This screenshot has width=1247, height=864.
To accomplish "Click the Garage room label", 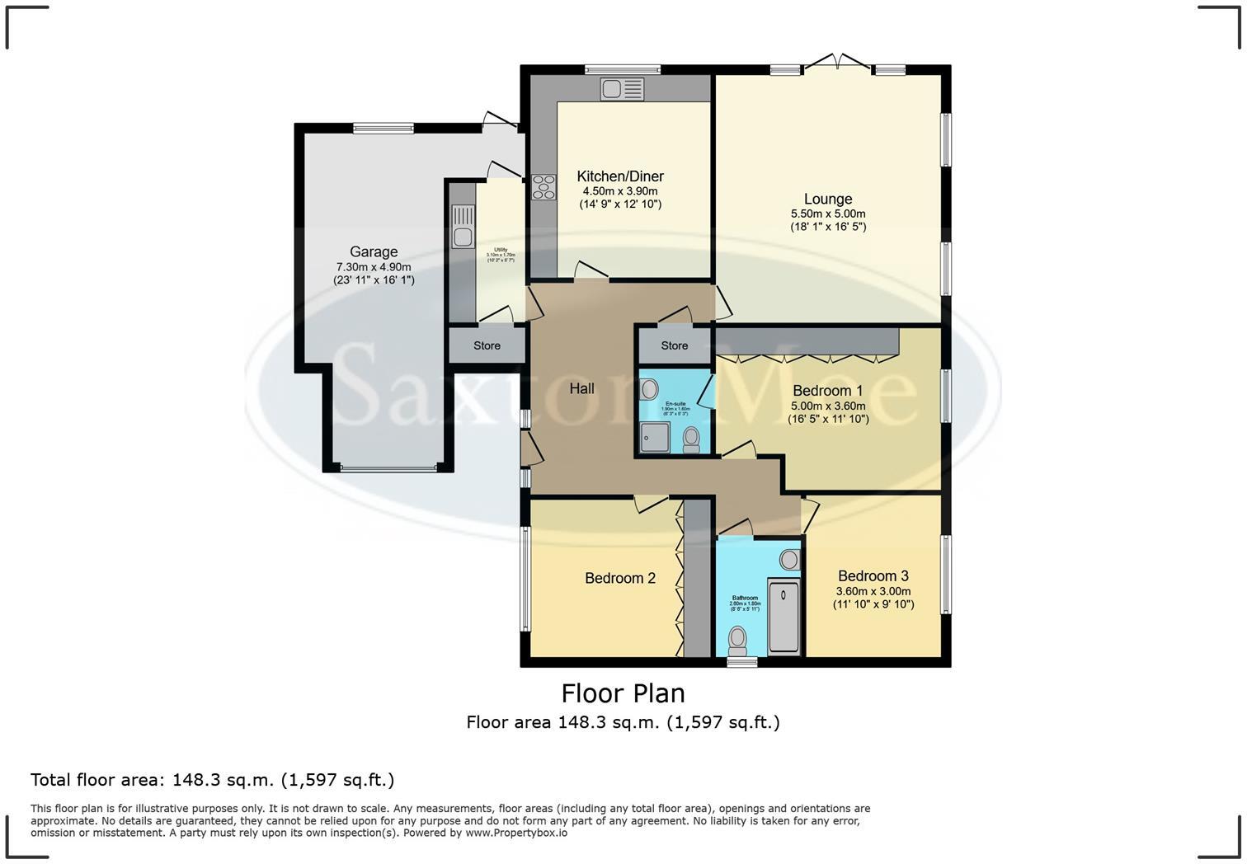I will [374, 252].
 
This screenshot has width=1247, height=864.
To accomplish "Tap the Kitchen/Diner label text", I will [620, 176].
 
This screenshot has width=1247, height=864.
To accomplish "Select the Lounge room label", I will [828, 199].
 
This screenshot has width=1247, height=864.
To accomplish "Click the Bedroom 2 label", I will [620, 578].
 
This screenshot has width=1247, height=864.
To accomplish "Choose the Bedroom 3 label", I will [873, 576].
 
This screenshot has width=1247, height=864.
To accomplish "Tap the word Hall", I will [581, 388].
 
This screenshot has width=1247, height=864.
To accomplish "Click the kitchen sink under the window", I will [622, 88].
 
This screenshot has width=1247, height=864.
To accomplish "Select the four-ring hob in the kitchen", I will [544, 187].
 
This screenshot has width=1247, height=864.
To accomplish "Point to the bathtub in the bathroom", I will [784, 616].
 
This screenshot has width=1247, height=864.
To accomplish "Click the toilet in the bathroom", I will [737, 640].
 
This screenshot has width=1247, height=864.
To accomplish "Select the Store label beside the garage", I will [487, 345].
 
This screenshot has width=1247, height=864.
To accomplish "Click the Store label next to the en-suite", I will [674, 345].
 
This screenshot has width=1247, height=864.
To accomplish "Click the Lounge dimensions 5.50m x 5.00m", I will [828, 213].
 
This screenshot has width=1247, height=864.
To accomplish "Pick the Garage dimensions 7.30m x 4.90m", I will [374, 267].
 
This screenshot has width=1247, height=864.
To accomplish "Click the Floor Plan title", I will [623, 693].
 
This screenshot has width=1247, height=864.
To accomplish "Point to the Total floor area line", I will [212, 780].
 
